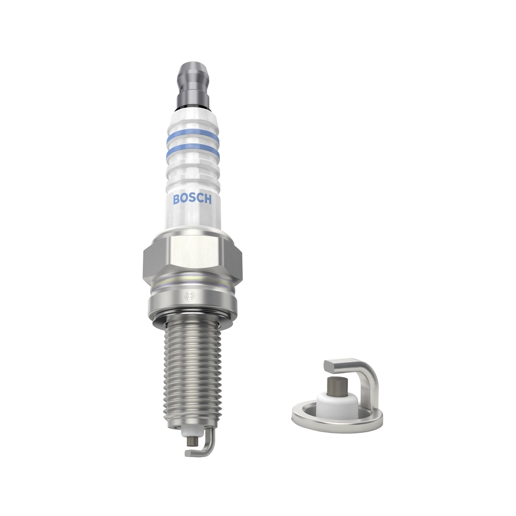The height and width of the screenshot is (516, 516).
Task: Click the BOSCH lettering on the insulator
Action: [192, 199]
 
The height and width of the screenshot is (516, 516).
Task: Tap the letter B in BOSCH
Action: [176, 200]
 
